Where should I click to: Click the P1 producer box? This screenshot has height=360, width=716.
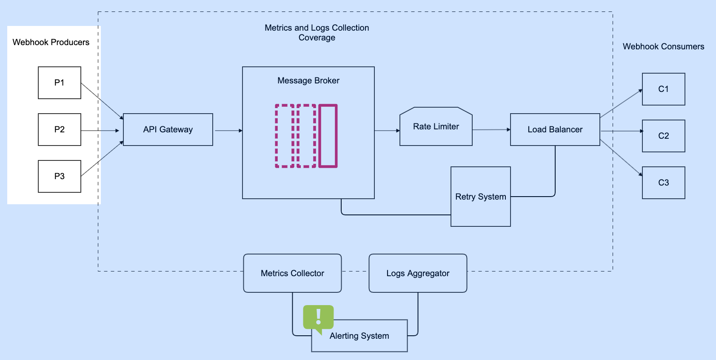pos(60,83)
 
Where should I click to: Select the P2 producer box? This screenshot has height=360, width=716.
pos(60,129)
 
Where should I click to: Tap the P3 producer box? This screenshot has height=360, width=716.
pos(60,176)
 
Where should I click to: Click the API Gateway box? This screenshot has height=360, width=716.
pos(168,129)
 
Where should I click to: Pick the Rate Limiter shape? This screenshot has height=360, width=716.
pos(436,126)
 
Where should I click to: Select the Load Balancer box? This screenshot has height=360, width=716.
pos(555,129)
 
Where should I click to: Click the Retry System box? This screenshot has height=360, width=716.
pos(481,197)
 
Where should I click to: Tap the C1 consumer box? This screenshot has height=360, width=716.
pos(663,89)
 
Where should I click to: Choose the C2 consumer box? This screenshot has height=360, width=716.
pos(663,136)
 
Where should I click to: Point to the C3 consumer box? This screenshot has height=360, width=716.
pos(663,183)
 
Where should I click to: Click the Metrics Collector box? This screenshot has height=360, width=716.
pos(292,273)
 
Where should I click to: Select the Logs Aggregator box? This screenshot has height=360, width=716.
pos(418,273)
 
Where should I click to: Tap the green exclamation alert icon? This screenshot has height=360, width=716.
pos(318,318)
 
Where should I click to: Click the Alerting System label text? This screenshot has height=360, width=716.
pos(359,336)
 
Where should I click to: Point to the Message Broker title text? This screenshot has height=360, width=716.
pos(308,80)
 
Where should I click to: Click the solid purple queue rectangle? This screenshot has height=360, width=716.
pos(328,136)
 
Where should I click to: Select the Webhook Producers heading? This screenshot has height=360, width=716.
pos(51,42)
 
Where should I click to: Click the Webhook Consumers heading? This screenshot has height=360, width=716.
pos(663,46)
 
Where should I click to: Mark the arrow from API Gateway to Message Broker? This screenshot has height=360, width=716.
pos(228,131)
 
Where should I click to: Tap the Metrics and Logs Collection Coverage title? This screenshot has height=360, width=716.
pos(317,32)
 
